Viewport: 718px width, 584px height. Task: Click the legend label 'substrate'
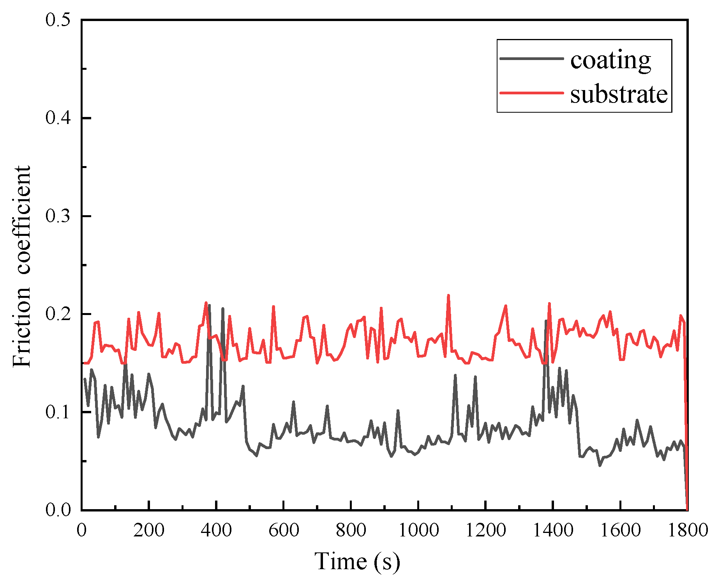(x=619, y=94)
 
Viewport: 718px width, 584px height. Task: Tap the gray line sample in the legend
(x=531, y=58)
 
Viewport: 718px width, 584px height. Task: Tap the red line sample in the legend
(x=531, y=93)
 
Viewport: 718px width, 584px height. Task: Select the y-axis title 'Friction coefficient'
(x=21, y=266)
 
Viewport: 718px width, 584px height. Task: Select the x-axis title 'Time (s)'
(x=357, y=561)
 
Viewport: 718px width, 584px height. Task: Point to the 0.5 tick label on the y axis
(x=58, y=20)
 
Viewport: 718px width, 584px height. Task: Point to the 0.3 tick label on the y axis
(x=58, y=216)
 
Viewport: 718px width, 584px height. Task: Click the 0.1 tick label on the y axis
(x=58, y=412)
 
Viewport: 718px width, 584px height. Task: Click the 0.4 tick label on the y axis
(x=58, y=118)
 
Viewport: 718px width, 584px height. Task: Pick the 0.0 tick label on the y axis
(x=58, y=510)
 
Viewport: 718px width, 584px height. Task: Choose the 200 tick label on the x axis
(x=149, y=530)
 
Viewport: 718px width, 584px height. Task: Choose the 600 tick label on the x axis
(x=284, y=530)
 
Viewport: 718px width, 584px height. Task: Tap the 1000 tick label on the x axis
(x=418, y=530)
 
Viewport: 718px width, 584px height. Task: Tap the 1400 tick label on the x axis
(x=553, y=530)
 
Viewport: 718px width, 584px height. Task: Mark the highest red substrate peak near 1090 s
(x=448, y=296)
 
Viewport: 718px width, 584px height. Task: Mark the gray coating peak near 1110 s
(x=455, y=375)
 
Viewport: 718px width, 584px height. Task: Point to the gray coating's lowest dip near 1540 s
(x=600, y=465)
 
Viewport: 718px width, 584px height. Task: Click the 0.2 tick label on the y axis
(x=58, y=314)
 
